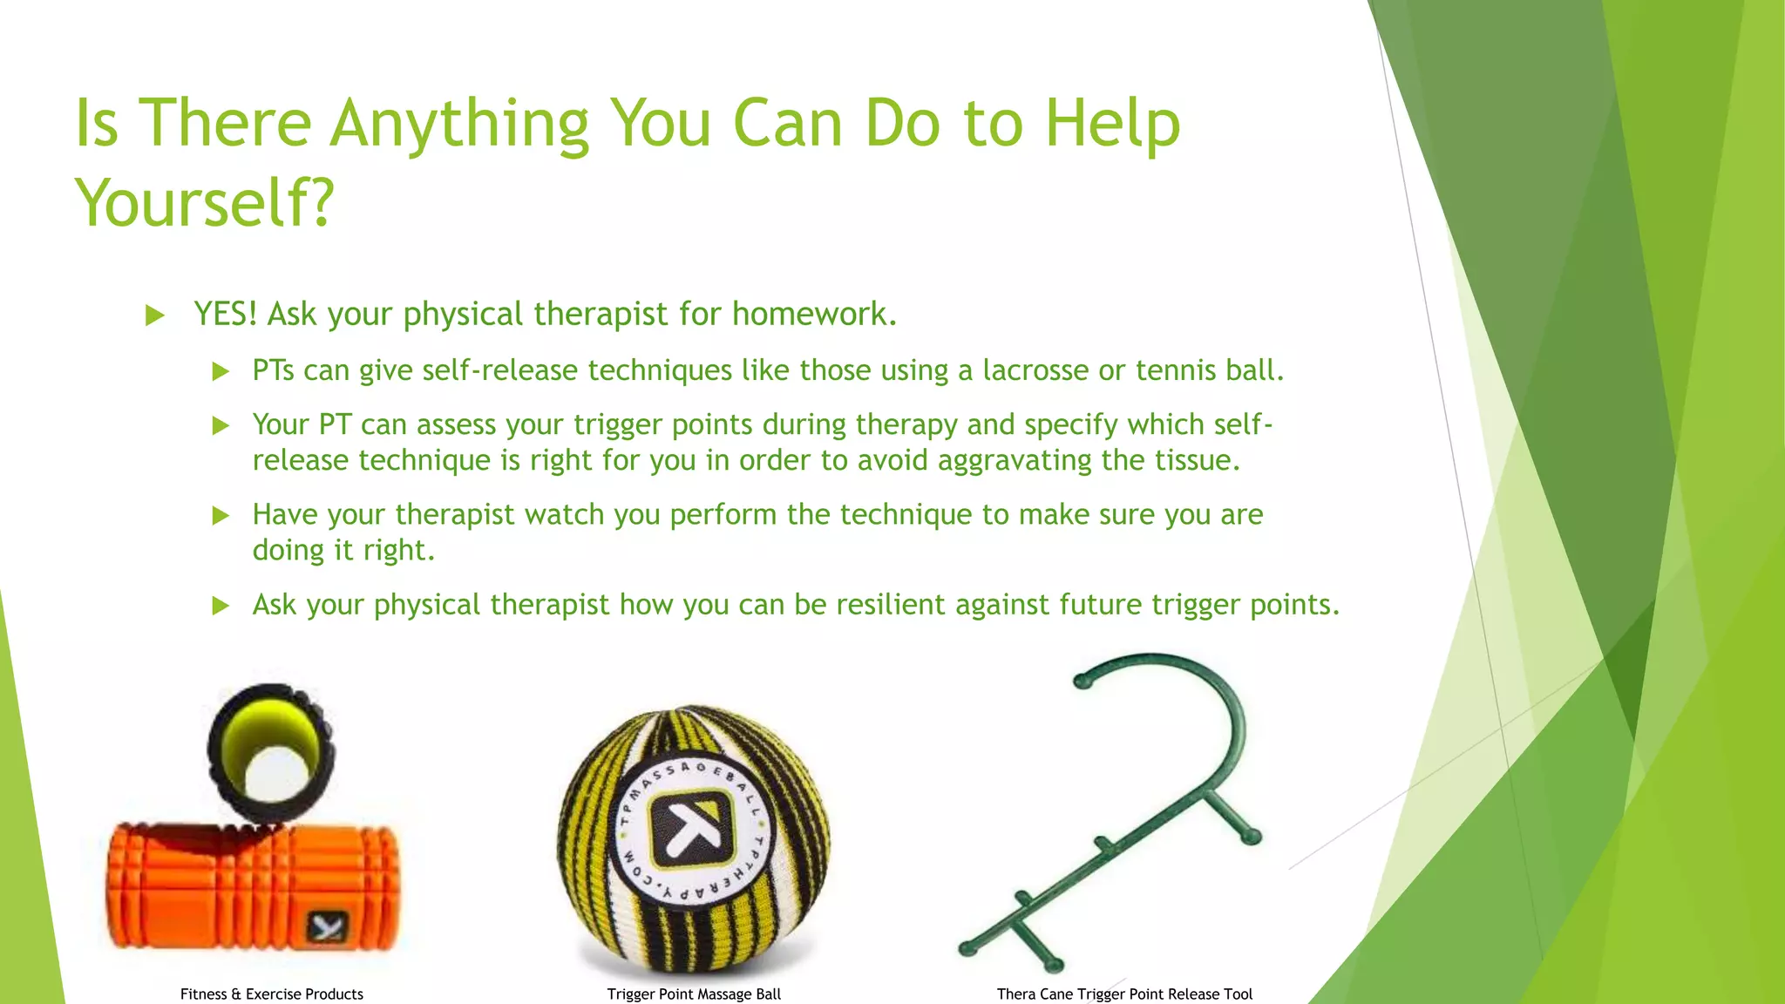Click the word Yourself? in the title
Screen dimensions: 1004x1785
tap(205, 202)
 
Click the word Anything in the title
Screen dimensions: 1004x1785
tap(459, 124)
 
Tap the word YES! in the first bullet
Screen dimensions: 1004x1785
tap(225, 314)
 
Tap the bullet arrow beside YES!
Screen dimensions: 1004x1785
tap(155, 315)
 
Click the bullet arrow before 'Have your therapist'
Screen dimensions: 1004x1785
tap(221, 516)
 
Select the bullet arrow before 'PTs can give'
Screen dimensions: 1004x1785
tap(221, 372)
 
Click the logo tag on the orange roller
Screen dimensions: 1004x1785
tap(328, 926)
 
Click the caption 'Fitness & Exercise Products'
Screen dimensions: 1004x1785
tap(271, 994)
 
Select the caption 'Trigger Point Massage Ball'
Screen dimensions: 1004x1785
tap(694, 994)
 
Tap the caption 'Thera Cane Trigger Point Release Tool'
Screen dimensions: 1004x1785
tap(1124, 994)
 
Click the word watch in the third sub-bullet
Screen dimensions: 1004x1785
tap(564, 514)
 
